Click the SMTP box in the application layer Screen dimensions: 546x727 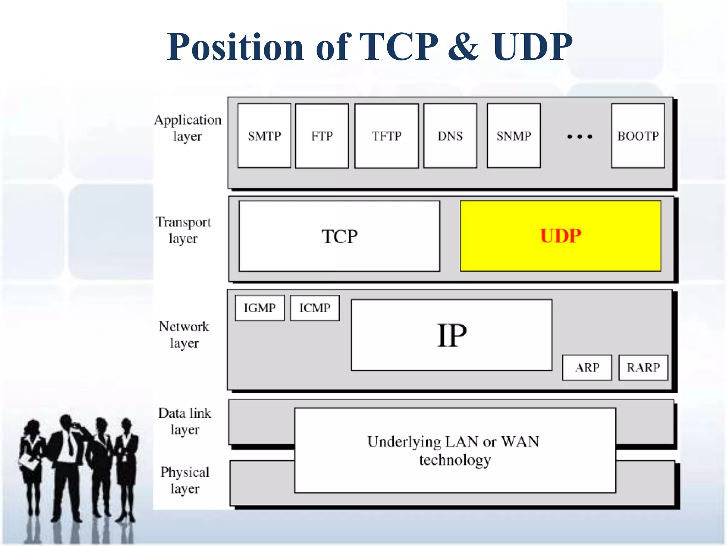[x=264, y=136]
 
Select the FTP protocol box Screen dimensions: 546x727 [x=322, y=136]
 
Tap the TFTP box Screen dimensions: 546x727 [x=386, y=136]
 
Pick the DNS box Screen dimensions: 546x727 [x=450, y=136]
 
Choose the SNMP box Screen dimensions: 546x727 [x=514, y=136]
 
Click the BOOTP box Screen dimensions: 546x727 [x=638, y=136]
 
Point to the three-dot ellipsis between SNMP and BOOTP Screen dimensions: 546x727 [x=580, y=137]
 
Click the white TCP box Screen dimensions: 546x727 [x=339, y=236]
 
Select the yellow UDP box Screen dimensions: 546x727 [x=561, y=236]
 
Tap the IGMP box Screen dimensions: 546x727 [x=259, y=308]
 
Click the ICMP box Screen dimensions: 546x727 [x=315, y=308]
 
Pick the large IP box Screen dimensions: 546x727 [x=452, y=335]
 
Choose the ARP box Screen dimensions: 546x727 [x=587, y=368]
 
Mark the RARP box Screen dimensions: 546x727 [x=643, y=368]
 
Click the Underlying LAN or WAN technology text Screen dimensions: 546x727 [x=454, y=450]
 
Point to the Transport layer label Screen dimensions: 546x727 [x=183, y=230]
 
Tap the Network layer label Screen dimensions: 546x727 [x=184, y=334]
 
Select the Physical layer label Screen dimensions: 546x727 [x=185, y=480]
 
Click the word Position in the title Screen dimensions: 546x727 [x=235, y=47]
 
